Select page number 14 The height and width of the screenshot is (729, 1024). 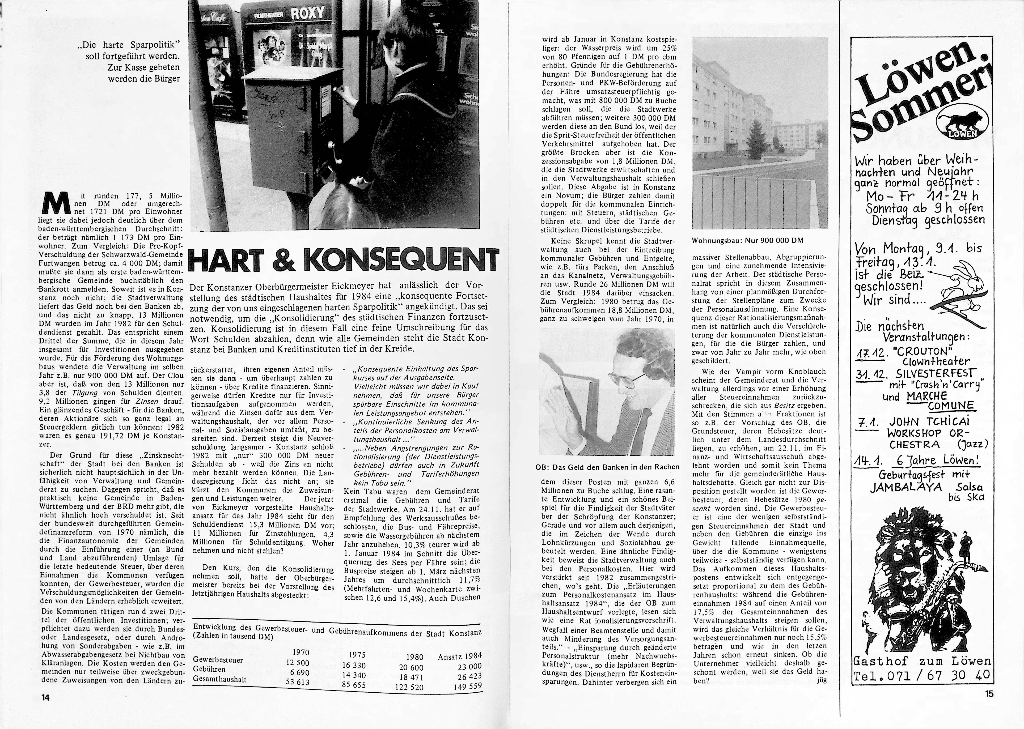pyautogui.click(x=45, y=697)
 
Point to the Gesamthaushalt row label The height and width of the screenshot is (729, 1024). pyautogui.click(x=220, y=679)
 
